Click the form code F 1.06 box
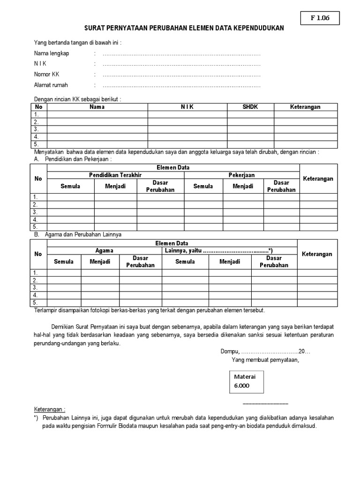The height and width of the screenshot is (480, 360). coord(320,18)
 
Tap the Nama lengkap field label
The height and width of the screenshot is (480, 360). coord(52,53)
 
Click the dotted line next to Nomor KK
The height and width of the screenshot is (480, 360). coord(181,75)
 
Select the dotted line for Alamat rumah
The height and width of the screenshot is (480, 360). coord(181,85)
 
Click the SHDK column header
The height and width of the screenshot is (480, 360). coord(250,107)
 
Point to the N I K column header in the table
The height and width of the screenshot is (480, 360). coord(187,107)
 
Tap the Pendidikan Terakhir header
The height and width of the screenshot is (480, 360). coord(115,175)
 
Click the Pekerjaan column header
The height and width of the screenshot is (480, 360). coord(241,175)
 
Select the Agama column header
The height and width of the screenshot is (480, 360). coord(104,251)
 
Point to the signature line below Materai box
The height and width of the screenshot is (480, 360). coord(265,403)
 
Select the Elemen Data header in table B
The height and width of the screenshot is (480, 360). coord(172,243)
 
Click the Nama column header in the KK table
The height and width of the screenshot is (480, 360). coord(97,107)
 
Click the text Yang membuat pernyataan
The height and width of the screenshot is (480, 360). coord(265,360)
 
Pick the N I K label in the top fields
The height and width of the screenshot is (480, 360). coord(41,64)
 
